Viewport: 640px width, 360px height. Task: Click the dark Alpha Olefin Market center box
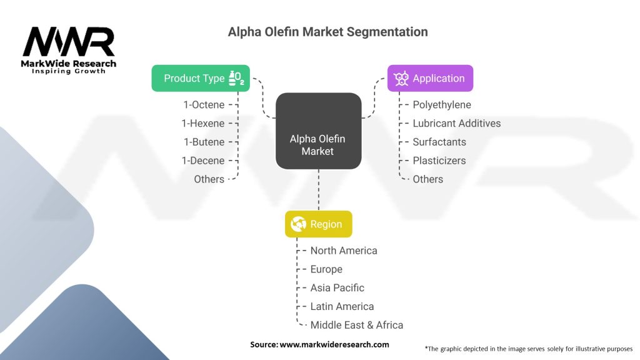click(x=318, y=131)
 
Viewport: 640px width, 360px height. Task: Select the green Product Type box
click(x=200, y=78)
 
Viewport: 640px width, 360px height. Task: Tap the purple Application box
click(x=429, y=78)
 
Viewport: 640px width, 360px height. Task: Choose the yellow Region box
click(x=318, y=224)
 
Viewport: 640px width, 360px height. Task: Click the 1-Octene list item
click(x=203, y=105)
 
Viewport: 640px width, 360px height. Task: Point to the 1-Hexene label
click(x=203, y=123)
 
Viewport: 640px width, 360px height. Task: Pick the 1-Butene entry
click(x=204, y=142)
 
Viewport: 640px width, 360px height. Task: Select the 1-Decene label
click(x=203, y=161)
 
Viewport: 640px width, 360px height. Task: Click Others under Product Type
click(x=209, y=179)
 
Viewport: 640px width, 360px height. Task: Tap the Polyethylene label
click(x=442, y=105)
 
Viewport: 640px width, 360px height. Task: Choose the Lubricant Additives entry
click(x=456, y=123)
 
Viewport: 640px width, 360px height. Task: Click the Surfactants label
click(x=439, y=142)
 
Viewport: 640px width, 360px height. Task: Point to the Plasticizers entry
click(x=439, y=161)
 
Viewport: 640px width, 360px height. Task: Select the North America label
click(x=344, y=251)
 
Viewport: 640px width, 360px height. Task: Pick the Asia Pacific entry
click(x=337, y=287)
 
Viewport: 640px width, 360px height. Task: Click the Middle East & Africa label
click(x=357, y=325)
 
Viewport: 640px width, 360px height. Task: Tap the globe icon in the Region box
click(x=299, y=224)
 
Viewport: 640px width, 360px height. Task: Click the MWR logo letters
click(x=69, y=42)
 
